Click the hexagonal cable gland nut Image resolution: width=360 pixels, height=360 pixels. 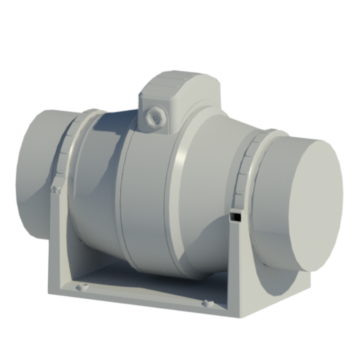(x=155, y=118)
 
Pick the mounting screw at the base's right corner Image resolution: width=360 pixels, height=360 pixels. (x=207, y=304)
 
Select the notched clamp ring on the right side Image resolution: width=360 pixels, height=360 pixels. (x=245, y=166)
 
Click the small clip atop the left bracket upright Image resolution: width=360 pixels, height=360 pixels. (x=55, y=189)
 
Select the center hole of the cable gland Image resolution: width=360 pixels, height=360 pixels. (x=155, y=118)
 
